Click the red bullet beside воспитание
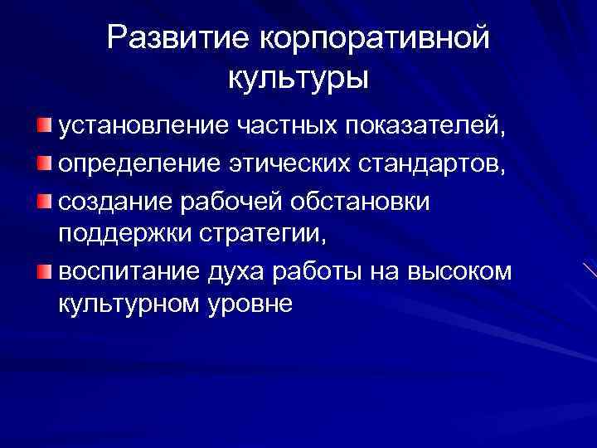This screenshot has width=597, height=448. [x=43, y=269]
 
